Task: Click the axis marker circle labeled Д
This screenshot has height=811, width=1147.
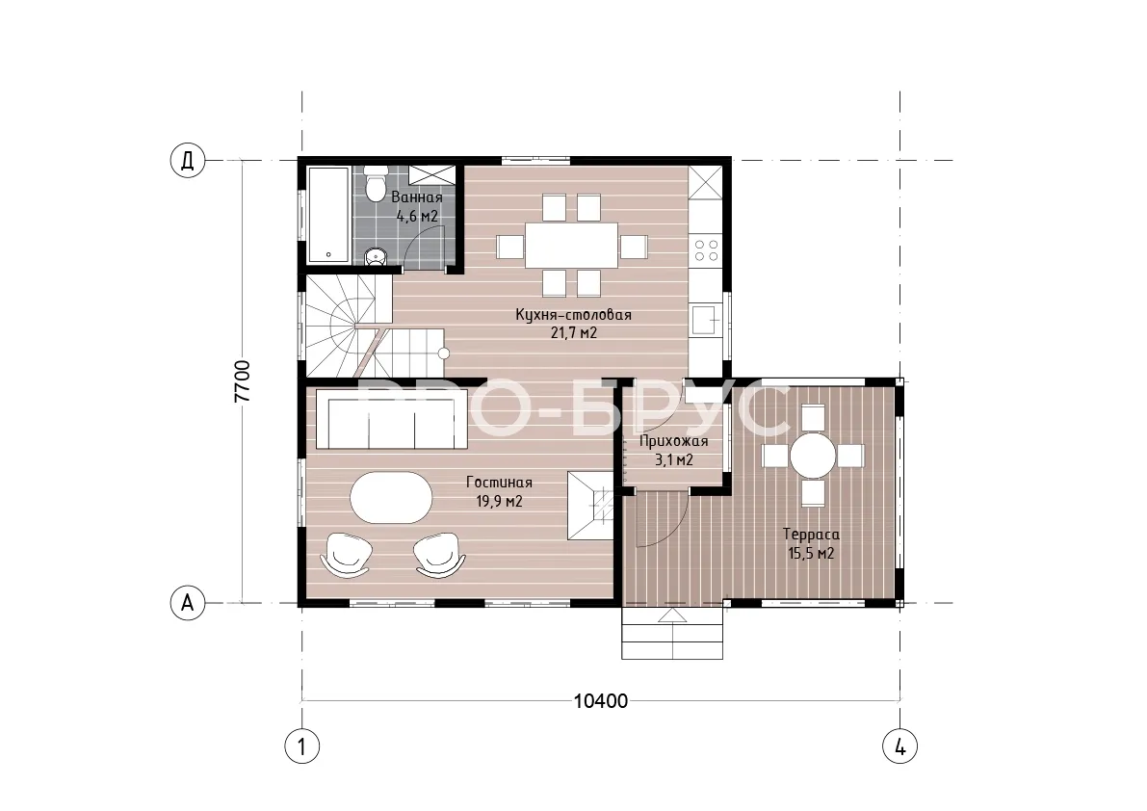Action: pyautogui.click(x=188, y=160)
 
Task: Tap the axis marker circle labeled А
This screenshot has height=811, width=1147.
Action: pyautogui.click(x=188, y=603)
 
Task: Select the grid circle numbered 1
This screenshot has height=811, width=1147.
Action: pyautogui.click(x=302, y=746)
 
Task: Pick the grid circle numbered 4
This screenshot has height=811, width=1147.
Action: pyautogui.click(x=899, y=746)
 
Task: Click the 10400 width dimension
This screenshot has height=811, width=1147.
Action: pyautogui.click(x=601, y=700)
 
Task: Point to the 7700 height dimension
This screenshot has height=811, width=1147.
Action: pyautogui.click(x=242, y=381)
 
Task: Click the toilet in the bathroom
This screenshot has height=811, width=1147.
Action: pyautogui.click(x=376, y=183)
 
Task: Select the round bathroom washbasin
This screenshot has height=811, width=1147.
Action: pyautogui.click(x=376, y=256)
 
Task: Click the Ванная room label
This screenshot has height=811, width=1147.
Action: pyautogui.click(x=417, y=197)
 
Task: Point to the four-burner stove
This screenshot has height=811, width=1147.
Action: pyautogui.click(x=706, y=250)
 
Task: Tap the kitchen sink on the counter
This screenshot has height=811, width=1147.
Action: pyautogui.click(x=707, y=319)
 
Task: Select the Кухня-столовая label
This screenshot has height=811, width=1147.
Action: pyautogui.click(x=574, y=315)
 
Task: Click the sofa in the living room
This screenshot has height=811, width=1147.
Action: pyautogui.click(x=391, y=419)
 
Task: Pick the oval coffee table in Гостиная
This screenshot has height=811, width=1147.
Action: pyautogui.click(x=391, y=497)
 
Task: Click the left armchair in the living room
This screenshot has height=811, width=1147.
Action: pyautogui.click(x=345, y=555)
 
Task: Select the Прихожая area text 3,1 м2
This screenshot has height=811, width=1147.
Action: pyautogui.click(x=674, y=460)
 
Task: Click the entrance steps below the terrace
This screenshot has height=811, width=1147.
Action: pyautogui.click(x=673, y=633)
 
